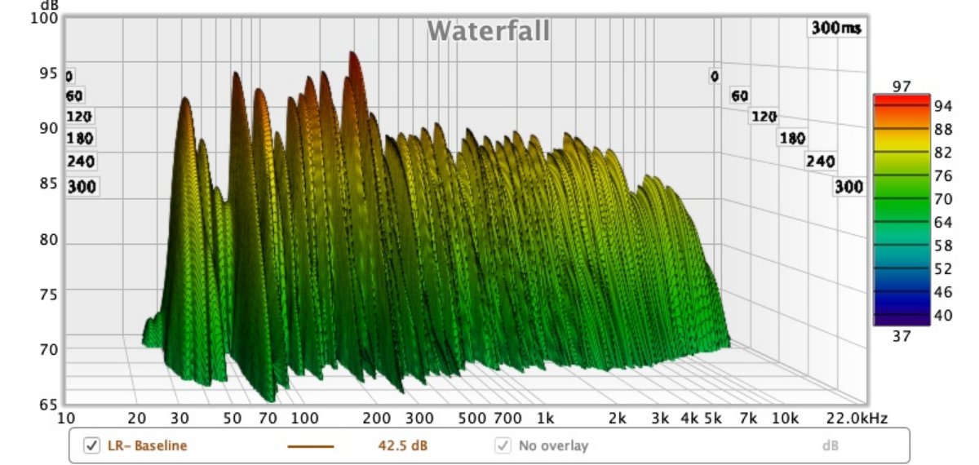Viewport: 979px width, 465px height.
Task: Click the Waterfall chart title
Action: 488,31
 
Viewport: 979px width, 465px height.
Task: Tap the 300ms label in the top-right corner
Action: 836,28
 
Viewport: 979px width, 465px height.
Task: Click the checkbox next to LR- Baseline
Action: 92,445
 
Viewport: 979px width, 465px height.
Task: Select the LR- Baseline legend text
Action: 147,445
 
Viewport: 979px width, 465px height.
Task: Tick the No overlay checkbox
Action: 503,445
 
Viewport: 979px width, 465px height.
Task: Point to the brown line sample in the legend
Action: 310,446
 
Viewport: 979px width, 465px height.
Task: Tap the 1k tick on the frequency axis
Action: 545,418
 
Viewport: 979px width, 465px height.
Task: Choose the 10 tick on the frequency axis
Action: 67,418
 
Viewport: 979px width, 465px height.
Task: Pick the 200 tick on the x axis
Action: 376,418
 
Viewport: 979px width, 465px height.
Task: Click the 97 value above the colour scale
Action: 901,86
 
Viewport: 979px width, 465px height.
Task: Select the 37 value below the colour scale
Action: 901,335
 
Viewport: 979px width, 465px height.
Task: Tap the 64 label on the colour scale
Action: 942,221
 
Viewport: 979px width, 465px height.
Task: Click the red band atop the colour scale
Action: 901,100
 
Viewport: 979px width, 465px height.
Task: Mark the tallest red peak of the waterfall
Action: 353,57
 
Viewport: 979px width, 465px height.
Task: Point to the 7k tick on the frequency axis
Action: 747,418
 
